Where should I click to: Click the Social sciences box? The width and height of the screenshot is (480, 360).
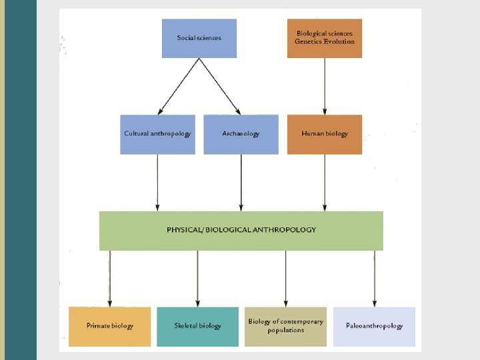coord(199,38)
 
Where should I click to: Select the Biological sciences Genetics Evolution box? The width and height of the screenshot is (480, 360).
coord(325,38)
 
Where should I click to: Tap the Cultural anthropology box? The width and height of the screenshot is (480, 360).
coord(157,134)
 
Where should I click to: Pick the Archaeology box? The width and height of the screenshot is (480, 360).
coord(241,134)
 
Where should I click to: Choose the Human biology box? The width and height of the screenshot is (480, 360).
coord(325,134)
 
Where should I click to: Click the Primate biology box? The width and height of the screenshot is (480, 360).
coord(110,326)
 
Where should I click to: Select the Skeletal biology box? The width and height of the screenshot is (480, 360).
coord(197,326)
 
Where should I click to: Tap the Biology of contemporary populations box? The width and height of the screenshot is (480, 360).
coord(285,326)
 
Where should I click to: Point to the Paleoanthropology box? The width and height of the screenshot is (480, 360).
coord(374,326)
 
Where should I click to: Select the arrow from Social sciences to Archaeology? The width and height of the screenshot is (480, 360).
coord(219,86)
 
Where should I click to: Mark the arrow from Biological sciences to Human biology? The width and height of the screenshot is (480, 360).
coord(325,86)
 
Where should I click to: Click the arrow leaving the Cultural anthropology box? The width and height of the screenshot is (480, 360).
coord(157,183)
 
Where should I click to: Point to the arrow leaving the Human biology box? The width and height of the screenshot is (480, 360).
coord(325,183)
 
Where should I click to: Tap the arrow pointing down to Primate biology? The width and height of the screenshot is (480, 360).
coord(110,279)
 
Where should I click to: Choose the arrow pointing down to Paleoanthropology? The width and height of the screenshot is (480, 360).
coord(374,279)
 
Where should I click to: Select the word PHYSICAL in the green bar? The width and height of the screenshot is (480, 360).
coord(184,230)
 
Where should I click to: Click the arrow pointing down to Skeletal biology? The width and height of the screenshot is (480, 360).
coord(197,279)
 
